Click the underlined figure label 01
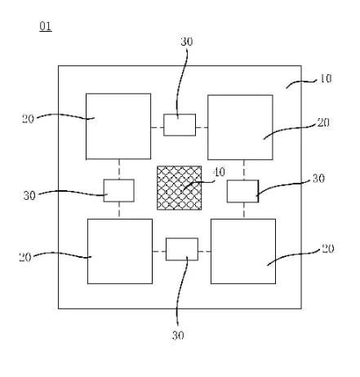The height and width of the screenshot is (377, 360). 46,27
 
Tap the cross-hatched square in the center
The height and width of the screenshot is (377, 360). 180,188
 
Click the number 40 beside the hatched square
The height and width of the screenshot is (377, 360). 220,172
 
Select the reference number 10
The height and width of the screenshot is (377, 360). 325,78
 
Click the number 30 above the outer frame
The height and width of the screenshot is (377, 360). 187,42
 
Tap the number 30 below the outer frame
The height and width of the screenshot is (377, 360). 178,335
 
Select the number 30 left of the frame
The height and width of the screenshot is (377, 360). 29,196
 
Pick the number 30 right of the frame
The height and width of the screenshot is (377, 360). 318,179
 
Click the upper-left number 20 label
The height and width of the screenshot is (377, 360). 28,119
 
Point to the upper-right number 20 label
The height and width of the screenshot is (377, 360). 323,122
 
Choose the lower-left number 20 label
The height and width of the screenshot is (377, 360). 25,257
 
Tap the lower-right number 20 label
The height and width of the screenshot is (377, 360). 328,249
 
